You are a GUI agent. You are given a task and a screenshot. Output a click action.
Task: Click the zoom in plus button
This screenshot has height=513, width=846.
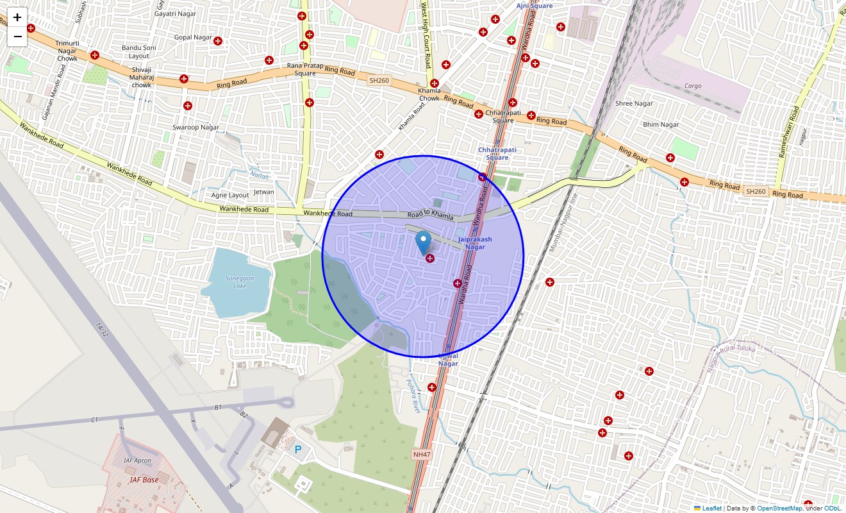tap(17, 17)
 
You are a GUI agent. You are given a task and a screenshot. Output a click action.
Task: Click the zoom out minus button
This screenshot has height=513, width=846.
tap(17, 37)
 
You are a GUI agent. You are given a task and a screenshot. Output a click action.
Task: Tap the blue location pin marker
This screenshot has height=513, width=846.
tap(423, 243)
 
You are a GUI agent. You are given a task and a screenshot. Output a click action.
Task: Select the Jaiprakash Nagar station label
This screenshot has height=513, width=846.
tap(475, 243)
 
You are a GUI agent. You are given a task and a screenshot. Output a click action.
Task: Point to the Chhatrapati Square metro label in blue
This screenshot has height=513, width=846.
tap(497, 154)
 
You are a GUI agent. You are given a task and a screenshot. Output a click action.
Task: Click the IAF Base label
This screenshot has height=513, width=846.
tap(144, 480)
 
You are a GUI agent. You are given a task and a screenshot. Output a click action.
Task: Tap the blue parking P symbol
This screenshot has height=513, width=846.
tap(298, 450)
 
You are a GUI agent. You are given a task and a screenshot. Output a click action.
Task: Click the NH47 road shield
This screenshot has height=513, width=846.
tap(420, 454)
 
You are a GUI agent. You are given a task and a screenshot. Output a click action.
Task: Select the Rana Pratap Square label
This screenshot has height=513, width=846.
tap(305, 69)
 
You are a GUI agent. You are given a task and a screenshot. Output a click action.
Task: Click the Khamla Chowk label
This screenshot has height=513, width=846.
tap(429, 94)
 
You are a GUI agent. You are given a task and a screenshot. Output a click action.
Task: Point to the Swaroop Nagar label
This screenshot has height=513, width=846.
tap(195, 127)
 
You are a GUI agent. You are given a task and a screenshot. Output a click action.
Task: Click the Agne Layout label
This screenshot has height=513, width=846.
tap(230, 195)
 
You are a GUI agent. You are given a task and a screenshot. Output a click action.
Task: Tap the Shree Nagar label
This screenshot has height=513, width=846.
tap(634, 103)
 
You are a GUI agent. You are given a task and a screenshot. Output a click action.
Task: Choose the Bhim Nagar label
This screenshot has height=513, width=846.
tap(661, 124)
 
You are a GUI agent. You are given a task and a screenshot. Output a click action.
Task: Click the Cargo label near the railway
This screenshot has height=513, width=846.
tap(693, 86)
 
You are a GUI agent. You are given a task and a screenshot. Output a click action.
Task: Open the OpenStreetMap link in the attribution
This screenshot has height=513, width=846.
tap(779, 509)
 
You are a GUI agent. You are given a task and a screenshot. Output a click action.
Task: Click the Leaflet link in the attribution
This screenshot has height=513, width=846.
tap(711, 509)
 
